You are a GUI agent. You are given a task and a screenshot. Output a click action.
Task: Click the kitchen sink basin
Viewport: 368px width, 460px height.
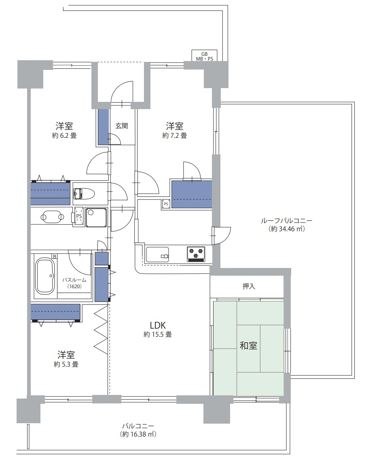coord(157,255)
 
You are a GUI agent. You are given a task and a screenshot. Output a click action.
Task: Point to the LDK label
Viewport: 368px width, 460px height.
coord(158,325)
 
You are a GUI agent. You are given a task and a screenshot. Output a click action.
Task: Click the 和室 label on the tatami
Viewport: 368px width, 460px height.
coord(249,346)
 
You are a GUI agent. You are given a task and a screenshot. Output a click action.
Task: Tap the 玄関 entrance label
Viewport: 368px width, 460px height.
coord(121,126)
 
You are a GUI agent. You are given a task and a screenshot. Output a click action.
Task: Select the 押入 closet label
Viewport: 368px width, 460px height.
coord(249,286)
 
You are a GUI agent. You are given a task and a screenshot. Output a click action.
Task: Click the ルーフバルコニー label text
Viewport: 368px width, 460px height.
coord(287,221)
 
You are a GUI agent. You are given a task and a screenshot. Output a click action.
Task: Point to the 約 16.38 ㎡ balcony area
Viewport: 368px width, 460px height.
coord(138,434)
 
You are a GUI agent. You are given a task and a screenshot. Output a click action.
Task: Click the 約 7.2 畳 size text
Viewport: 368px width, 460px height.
coord(175,135)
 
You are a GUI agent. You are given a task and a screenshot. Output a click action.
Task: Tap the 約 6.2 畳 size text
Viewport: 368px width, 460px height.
coord(64,135)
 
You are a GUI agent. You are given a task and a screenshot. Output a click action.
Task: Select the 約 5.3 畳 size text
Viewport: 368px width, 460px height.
coord(66,364)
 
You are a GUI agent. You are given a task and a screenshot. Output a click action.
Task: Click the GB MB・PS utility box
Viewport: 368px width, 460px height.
coord(205,56)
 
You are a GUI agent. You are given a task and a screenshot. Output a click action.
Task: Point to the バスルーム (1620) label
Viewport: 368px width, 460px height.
coord(74,283)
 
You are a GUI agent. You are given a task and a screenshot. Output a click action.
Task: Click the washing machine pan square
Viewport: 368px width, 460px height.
coord(96,217)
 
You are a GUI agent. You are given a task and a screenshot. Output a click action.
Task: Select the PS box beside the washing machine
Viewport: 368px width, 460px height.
coord(79,216)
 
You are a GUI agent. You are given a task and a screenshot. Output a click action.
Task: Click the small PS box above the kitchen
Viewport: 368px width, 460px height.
coord(166,204)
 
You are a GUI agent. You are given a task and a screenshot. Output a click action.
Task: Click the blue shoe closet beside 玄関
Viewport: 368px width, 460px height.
coord(104,127)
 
